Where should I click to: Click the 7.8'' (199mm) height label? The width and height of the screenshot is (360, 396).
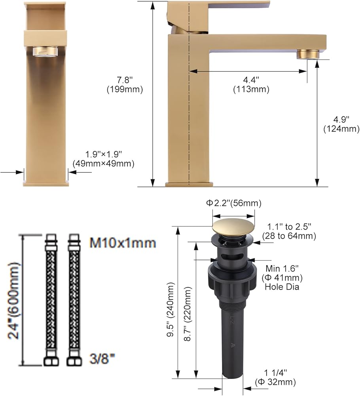click(x=125, y=85)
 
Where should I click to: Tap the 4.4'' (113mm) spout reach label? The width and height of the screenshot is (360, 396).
click(x=251, y=85)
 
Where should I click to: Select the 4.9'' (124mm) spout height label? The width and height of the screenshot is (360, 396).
click(x=341, y=124)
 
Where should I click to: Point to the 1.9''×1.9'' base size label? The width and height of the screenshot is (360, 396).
click(x=103, y=159)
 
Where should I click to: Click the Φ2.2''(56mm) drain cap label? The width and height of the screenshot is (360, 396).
click(x=234, y=203)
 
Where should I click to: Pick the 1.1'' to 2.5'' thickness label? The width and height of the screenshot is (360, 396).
click(x=289, y=231)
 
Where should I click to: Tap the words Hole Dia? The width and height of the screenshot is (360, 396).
click(x=282, y=287)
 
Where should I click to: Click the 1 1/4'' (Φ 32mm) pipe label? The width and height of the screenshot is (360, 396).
click(x=275, y=377)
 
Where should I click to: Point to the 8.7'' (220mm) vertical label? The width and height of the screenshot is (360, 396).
click(x=188, y=314)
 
